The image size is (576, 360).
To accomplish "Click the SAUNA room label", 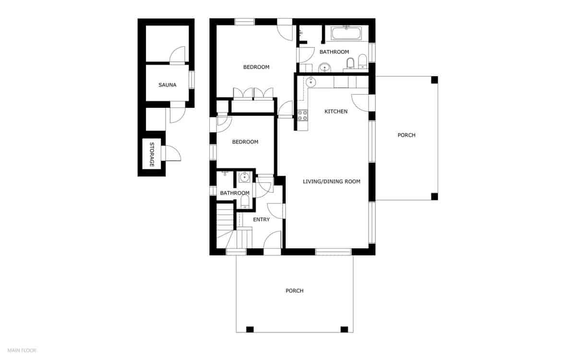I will (x=168, y=85).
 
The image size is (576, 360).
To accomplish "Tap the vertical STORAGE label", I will (x=152, y=155).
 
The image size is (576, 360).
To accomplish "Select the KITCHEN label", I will (x=336, y=111).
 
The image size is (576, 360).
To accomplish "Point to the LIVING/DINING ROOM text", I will (x=332, y=181).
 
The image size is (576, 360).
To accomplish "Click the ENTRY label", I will (x=261, y=219).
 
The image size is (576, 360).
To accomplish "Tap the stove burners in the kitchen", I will (x=302, y=115).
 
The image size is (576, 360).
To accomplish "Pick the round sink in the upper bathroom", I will (x=325, y=68).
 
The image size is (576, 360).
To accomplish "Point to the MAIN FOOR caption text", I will (x=22, y=350).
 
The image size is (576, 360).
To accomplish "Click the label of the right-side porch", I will (x=407, y=135).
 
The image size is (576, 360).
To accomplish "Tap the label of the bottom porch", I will (x=294, y=291).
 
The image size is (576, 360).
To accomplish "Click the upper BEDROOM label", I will (x=256, y=67).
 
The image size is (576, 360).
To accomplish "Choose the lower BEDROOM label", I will (x=245, y=142).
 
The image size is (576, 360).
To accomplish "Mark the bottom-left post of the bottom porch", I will (x=250, y=329).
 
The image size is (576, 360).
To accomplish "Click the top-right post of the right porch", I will (x=434, y=80).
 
